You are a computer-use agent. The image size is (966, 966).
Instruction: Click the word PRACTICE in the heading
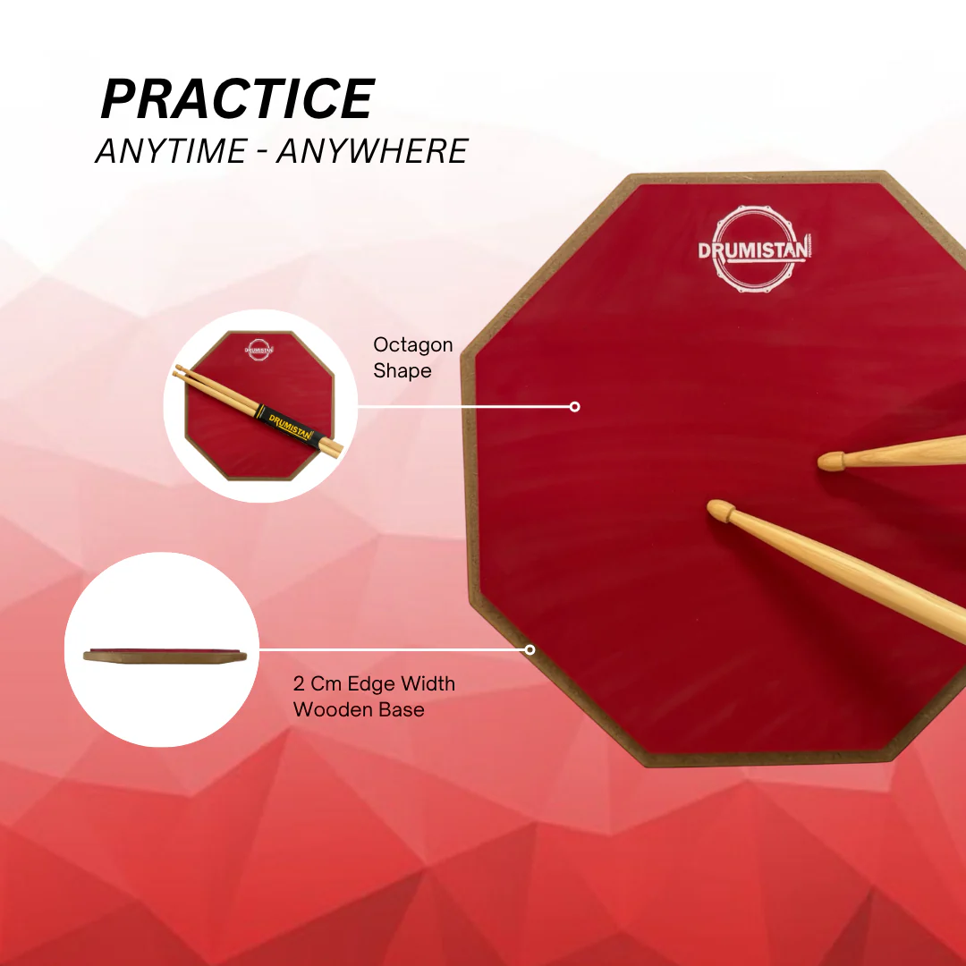pyautogui.click(x=238, y=98)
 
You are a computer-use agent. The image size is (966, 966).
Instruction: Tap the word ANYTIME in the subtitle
pyautogui.click(x=171, y=151)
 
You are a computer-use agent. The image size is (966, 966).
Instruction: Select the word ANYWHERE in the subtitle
pyautogui.click(x=372, y=151)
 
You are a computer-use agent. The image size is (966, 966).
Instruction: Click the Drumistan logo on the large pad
pyautogui.click(x=754, y=249)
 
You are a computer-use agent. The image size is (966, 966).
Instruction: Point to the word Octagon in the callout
pyautogui.click(x=412, y=345)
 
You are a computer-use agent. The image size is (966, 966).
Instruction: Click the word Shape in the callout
pyautogui.click(x=402, y=371)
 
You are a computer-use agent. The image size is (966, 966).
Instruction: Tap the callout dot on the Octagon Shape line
pyautogui.click(x=574, y=407)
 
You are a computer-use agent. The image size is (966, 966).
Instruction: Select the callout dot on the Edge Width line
pyautogui.click(x=530, y=649)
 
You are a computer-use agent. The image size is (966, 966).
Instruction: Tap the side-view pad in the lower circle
pyautogui.click(x=165, y=656)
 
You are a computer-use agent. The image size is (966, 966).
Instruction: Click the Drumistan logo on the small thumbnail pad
pyautogui.click(x=258, y=350)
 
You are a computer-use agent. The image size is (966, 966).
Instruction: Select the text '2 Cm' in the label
pyautogui.click(x=318, y=684)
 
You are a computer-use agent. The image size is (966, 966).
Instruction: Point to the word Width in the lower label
pyautogui.click(x=428, y=684)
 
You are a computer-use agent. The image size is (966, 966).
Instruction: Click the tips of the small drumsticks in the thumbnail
pyautogui.click(x=178, y=371)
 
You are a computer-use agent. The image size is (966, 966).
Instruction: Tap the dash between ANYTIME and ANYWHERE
pyautogui.click(x=262, y=152)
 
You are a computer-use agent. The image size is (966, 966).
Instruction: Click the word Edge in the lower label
pyautogui.click(x=371, y=685)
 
